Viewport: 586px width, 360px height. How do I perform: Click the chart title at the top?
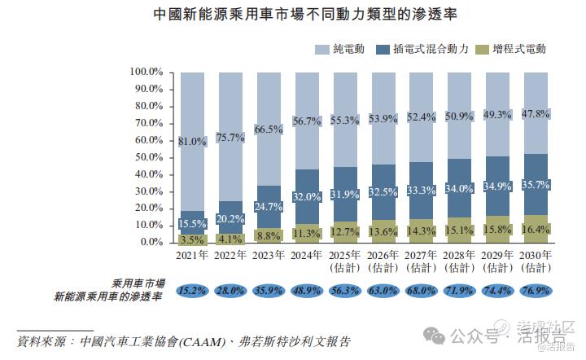click(x=292, y=15)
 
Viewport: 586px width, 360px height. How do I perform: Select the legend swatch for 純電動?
click(x=321, y=50)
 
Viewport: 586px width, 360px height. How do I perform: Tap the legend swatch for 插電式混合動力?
click(x=383, y=50)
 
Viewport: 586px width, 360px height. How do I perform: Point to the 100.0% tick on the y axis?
click(x=146, y=72)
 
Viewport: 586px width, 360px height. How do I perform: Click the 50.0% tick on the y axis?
click(x=148, y=157)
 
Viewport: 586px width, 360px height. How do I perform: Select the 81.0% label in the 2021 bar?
click(x=193, y=141)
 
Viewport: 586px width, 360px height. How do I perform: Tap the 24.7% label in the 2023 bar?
click(x=269, y=208)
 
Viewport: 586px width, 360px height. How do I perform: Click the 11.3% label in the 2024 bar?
click(x=307, y=233)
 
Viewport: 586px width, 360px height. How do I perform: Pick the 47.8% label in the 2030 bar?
click(x=535, y=114)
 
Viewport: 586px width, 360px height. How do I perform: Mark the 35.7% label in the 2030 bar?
click(x=535, y=185)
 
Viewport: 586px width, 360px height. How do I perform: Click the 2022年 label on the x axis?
click(x=230, y=256)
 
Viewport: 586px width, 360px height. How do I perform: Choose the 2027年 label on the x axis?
click(x=421, y=256)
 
